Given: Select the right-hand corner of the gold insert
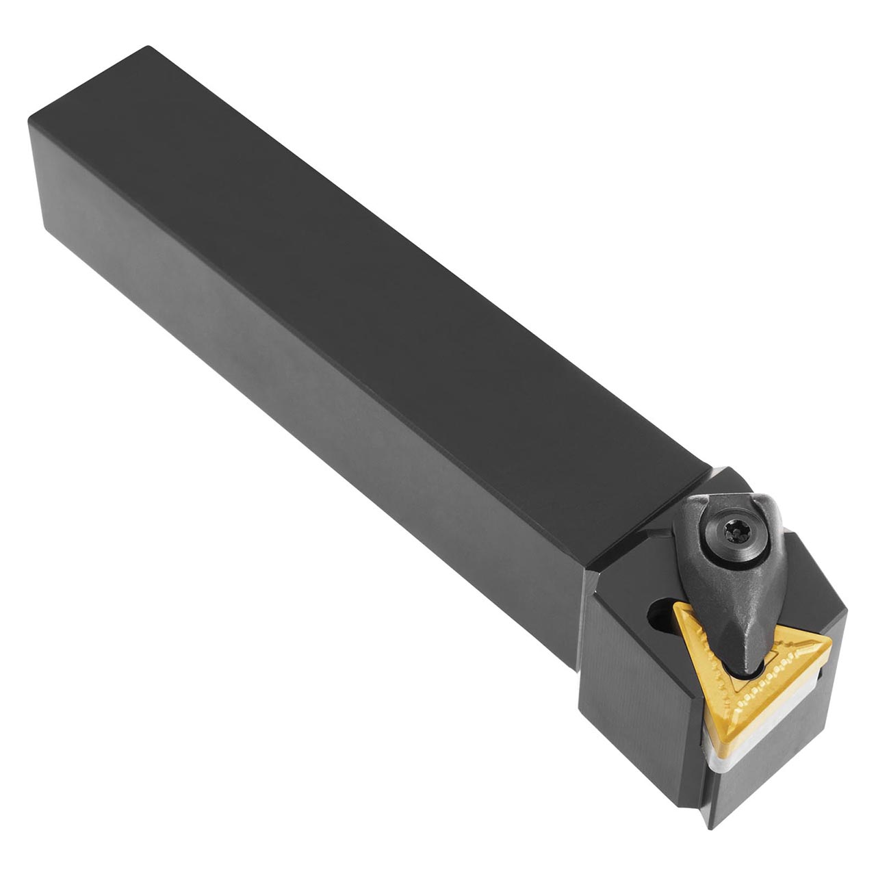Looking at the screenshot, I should click(x=830, y=641).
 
